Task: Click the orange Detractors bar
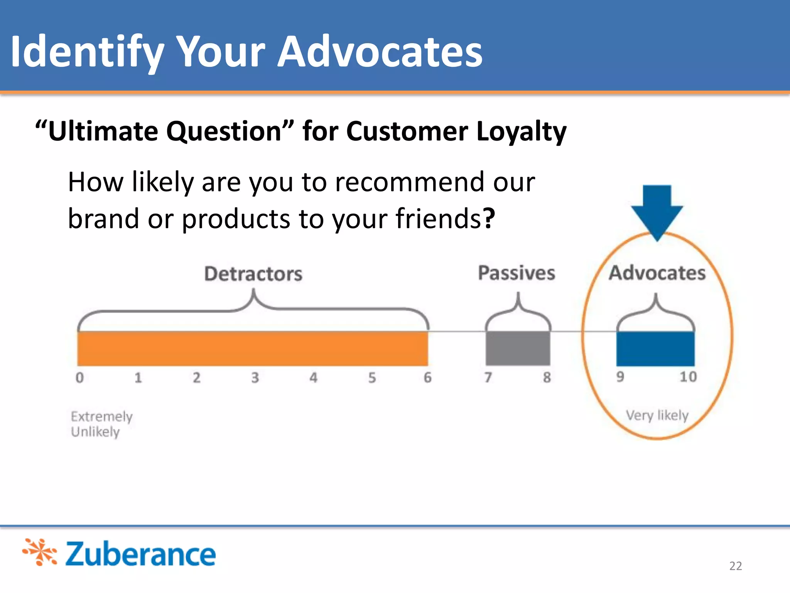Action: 253,349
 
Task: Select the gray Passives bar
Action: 518,349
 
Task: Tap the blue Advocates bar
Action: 655,349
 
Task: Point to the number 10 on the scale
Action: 688,377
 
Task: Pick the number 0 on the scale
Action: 80,378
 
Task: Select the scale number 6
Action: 427,378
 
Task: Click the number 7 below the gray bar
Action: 488,377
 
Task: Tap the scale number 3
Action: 255,378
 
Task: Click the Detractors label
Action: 253,274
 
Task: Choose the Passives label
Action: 517,273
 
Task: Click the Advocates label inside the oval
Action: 657,273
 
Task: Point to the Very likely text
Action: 657,415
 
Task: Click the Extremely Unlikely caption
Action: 101,424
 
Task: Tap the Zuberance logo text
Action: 140,554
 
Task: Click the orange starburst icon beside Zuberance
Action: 40,552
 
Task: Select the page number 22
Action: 735,566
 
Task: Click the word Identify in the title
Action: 87,52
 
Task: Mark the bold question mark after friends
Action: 489,219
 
